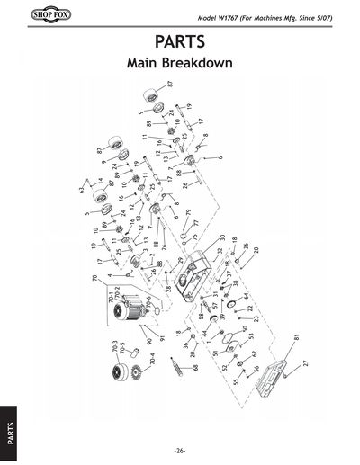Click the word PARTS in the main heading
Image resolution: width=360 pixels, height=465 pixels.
pos(180,42)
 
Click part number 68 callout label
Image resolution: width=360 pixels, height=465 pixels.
pos(195,366)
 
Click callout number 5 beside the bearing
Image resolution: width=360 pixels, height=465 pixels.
pos(86,214)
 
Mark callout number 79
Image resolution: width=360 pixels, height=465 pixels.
pos(188,213)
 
